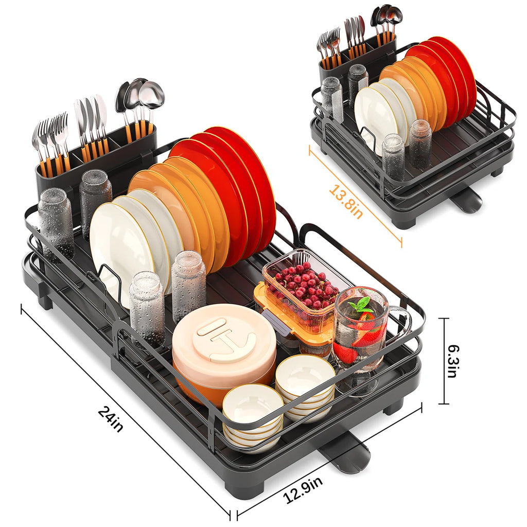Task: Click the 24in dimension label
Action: (111, 419)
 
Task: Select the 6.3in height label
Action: (451, 361)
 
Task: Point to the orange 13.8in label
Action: (345, 202)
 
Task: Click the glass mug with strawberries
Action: (360, 329)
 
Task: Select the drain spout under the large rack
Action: (345, 455)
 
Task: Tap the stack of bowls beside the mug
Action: (305, 386)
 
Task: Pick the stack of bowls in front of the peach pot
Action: (252, 414)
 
